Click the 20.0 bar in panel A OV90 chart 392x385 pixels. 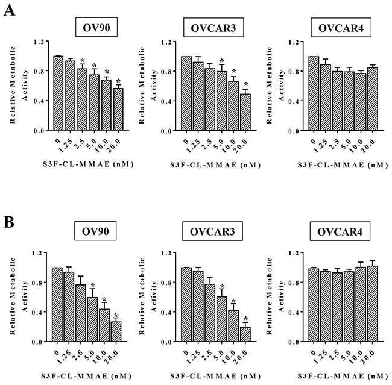119,110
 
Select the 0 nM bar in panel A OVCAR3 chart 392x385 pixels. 186,93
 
